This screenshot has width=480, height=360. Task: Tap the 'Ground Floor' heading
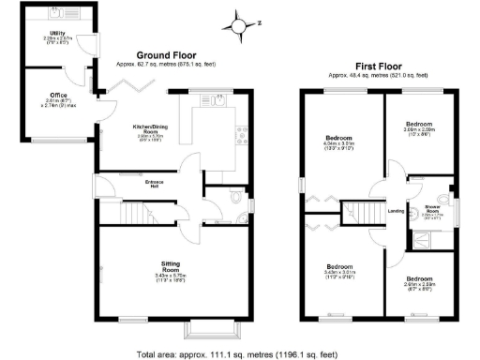tap(166, 55)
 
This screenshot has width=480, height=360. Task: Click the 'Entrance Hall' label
tap(144, 182)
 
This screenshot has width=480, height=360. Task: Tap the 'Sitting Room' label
tap(171, 266)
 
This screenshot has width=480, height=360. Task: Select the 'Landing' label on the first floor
tap(395, 211)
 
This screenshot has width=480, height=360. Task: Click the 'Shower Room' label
tap(432, 207)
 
